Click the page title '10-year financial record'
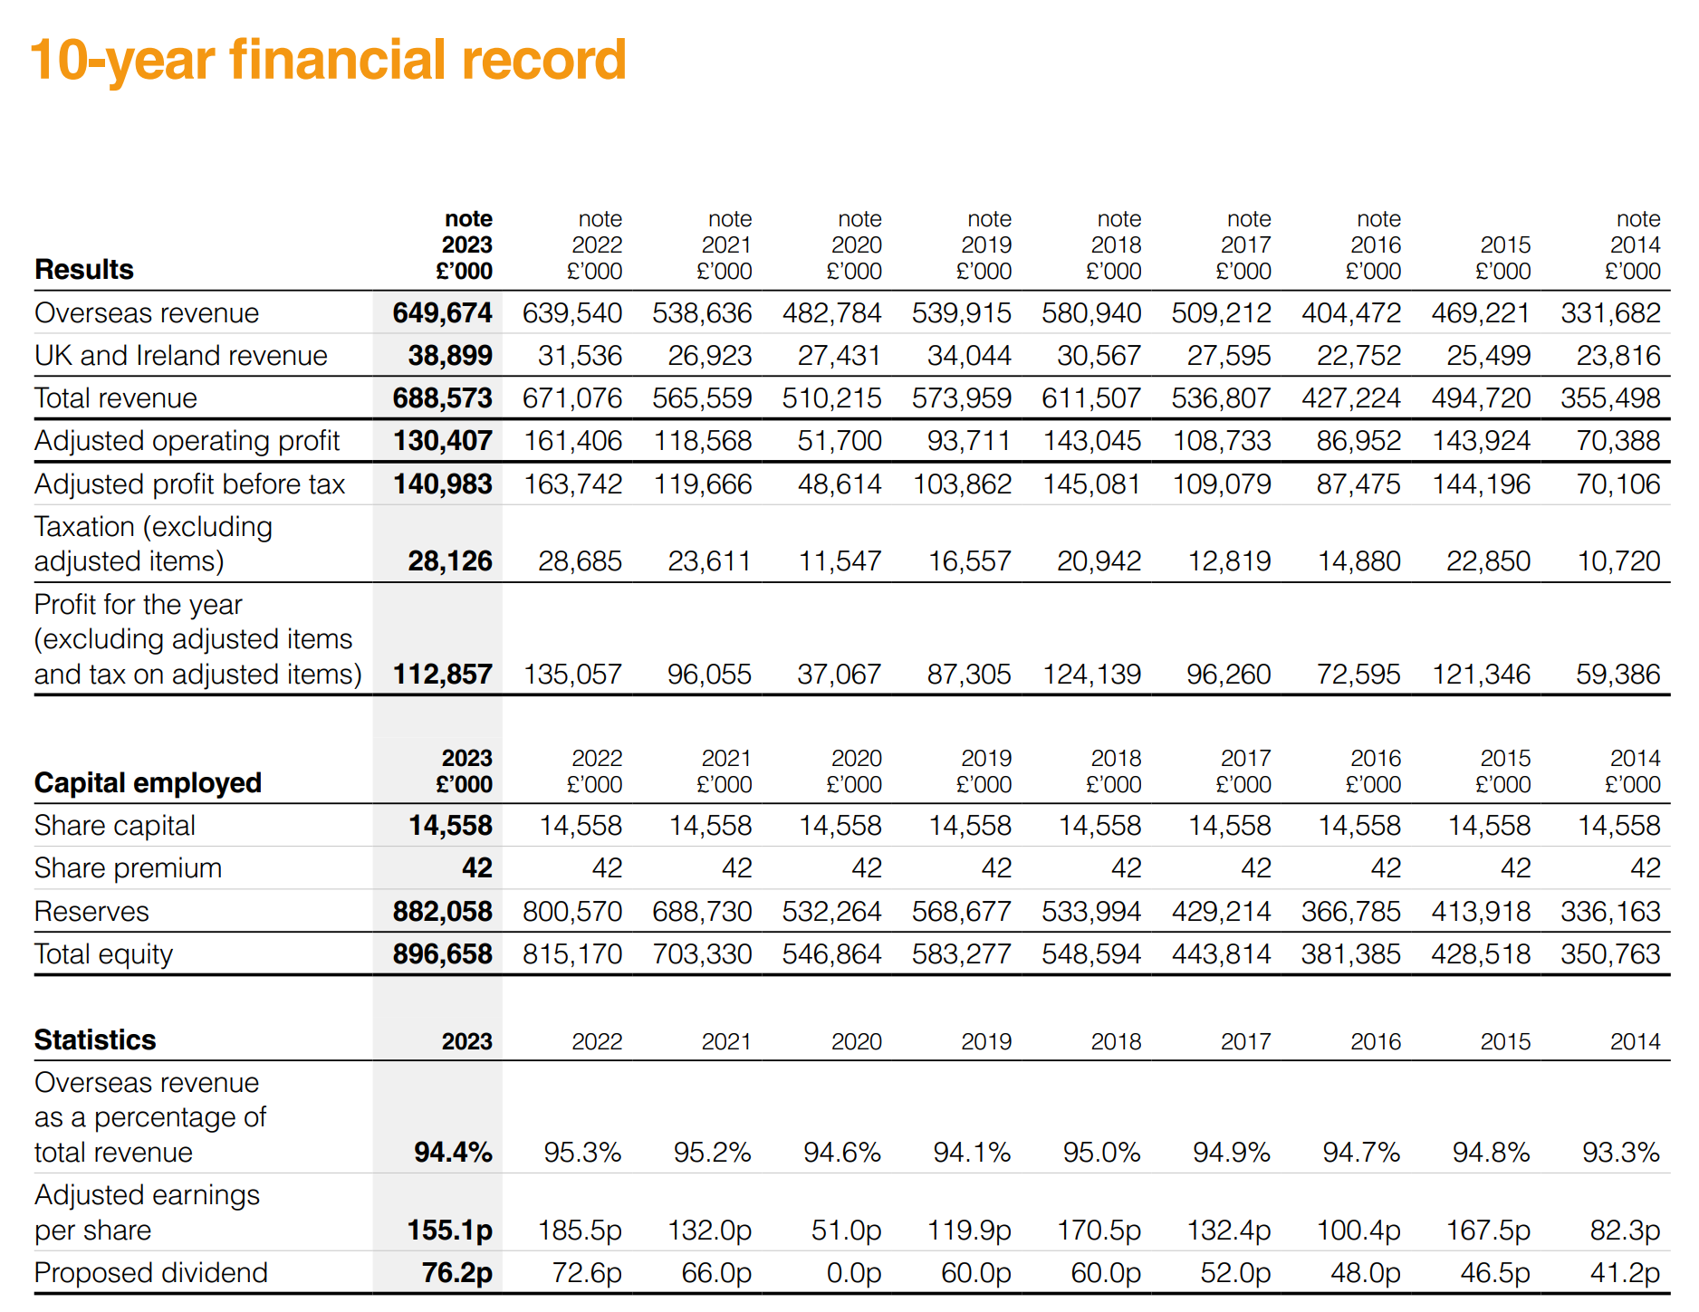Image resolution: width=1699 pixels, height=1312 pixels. point(328,60)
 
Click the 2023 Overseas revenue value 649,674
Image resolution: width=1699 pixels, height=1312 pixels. point(442,313)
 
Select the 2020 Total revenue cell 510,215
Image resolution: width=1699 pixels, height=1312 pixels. point(831,398)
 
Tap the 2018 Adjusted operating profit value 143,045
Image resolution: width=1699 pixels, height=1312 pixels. point(1092,441)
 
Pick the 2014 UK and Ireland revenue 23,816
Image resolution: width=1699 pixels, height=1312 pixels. point(1618,356)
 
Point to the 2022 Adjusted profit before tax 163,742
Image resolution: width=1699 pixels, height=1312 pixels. point(573,484)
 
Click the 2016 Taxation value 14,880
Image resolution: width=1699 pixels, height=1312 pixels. point(1359,561)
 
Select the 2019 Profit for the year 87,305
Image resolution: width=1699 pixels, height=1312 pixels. point(969,675)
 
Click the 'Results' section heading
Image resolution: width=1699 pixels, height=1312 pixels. point(84,270)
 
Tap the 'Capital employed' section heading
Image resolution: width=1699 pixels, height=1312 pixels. point(148,783)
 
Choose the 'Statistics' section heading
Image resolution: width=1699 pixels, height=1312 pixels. point(95,1040)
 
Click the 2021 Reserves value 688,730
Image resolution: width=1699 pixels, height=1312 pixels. point(702,912)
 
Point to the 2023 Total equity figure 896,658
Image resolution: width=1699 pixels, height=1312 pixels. point(442,954)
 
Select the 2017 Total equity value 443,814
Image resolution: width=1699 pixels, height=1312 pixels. point(1222,954)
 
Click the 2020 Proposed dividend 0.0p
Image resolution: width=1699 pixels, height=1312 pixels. point(854,1273)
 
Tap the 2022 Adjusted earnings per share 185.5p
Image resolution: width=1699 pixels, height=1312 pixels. point(580,1231)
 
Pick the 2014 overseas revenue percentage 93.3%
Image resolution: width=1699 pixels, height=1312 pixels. point(1621,1153)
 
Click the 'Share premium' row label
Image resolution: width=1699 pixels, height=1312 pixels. point(128,868)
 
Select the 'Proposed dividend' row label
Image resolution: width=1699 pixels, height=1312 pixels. point(151,1273)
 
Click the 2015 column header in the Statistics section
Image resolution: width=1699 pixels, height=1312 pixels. point(1505,1042)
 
